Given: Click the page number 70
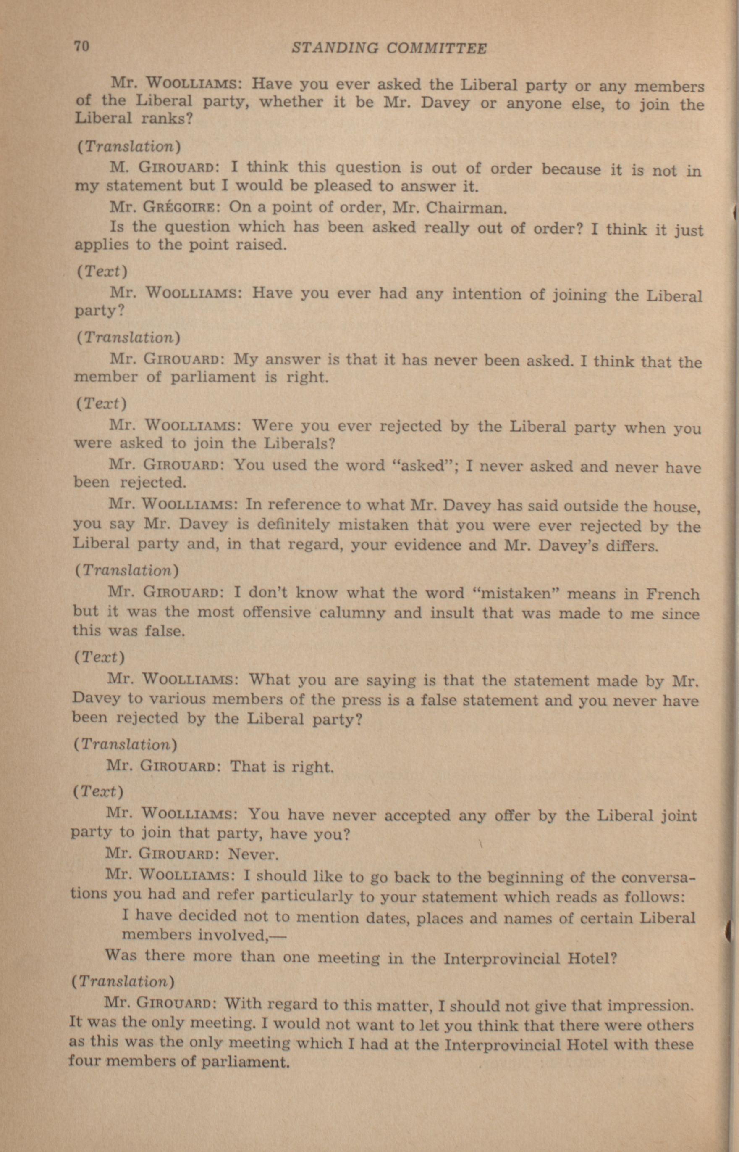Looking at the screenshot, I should tap(81, 47).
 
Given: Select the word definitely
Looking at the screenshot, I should tap(293, 524).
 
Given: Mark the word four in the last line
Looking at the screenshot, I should tap(84, 1059).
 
